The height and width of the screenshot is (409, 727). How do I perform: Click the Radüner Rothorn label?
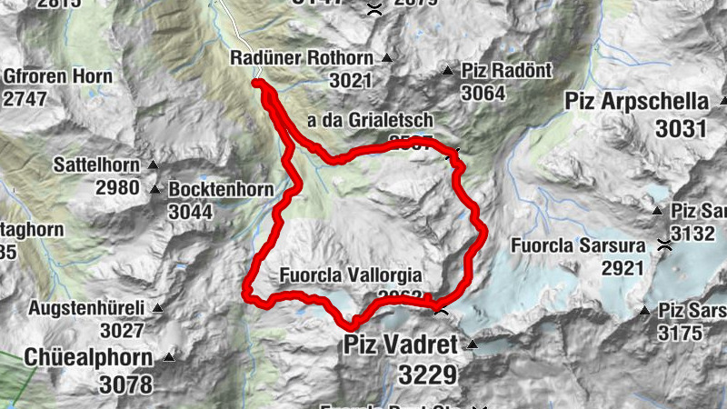click(x=302, y=59)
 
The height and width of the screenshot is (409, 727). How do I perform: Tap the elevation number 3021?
click(x=351, y=81)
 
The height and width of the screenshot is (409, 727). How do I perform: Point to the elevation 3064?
click(x=482, y=93)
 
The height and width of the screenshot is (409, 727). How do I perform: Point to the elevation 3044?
click(x=190, y=212)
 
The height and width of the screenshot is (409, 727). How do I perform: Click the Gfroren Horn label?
click(x=58, y=76)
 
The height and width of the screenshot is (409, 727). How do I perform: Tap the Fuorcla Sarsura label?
click(x=578, y=245)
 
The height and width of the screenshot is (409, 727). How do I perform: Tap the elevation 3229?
click(x=426, y=374)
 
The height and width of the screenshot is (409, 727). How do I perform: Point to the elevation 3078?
click(x=125, y=384)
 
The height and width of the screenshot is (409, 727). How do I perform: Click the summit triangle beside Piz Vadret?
click(x=473, y=345)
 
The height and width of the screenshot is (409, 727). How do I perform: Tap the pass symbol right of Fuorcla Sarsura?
click(x=665, y=244)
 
